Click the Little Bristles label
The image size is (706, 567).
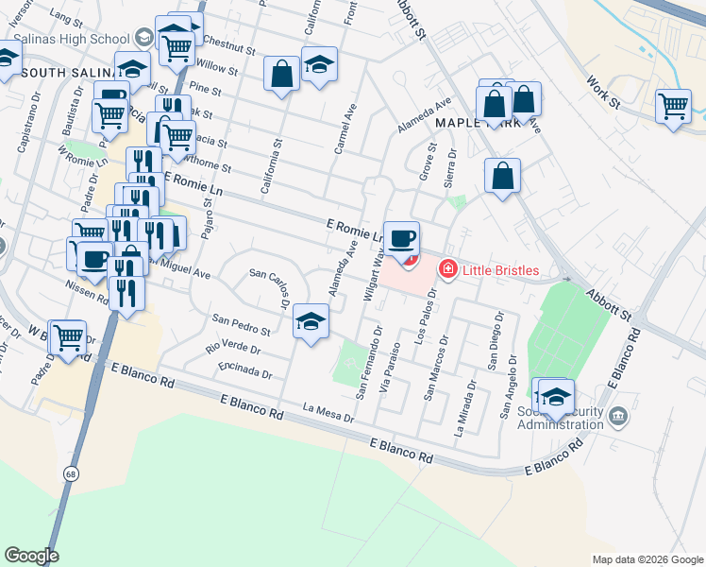click(x=499, y=271)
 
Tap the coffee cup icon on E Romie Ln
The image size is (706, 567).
click(x=402, y=237)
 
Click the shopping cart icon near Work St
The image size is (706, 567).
click(x=673, y=106)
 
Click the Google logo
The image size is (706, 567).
click(x=31, y=556)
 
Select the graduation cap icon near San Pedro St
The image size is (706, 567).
click(x=310, y=320)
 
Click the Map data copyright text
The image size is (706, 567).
click(x=647, y=559)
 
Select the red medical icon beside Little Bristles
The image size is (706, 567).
click(x=446, y=271)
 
